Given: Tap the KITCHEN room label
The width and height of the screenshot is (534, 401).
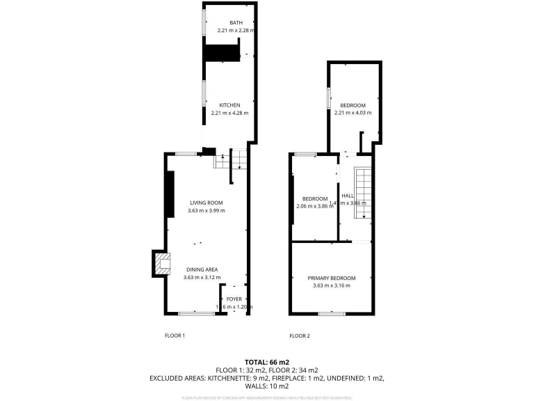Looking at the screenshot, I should click(229, 105).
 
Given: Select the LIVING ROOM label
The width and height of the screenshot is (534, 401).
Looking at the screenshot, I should click(206, 203).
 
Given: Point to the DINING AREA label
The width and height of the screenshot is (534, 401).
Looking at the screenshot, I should click(202, 269).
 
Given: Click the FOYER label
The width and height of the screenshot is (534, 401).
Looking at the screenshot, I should click(234, 299).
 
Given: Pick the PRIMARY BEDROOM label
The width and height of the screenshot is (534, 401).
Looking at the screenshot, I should click(332, 278).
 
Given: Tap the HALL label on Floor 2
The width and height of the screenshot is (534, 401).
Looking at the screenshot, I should click(348, 196).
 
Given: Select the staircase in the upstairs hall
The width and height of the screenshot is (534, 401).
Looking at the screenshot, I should click(363, 193).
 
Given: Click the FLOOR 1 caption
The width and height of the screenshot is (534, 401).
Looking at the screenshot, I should click(175, 336).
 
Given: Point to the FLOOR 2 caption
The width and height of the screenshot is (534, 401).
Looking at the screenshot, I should click(299, 336).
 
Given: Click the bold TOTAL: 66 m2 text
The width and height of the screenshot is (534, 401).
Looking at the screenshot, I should click(267, 362).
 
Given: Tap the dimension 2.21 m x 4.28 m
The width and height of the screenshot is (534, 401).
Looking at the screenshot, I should click(229, 113).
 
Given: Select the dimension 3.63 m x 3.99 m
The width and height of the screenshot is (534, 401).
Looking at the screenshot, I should click(206, 210).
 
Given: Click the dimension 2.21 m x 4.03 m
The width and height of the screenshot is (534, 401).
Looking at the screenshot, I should click(353, 113).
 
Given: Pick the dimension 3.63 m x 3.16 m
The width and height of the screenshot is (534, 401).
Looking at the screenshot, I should click(332, 285).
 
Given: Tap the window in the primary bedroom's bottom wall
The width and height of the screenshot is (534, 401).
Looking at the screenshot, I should click(332, 314).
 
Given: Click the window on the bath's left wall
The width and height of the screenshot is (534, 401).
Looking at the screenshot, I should click(204, 23).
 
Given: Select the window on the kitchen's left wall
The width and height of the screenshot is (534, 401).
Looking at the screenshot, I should click(204, 93).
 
